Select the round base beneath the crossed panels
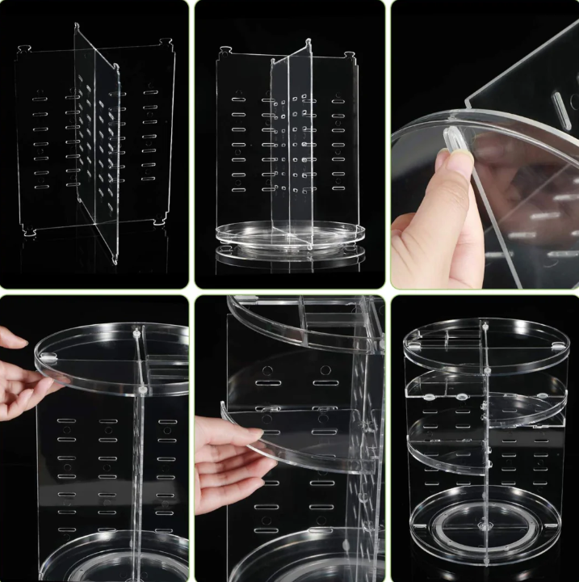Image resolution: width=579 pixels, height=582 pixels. click(x=290, y=235)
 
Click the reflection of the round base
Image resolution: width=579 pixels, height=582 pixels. click(x=290, y=256)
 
